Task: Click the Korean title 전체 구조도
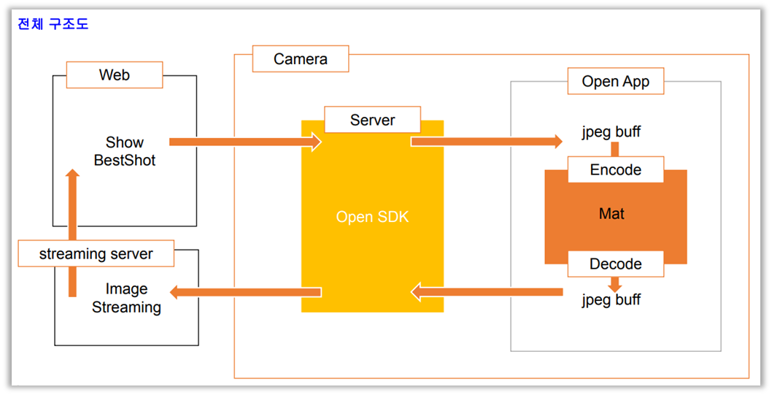click(x=53, y=24)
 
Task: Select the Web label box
click(x=115, y=74)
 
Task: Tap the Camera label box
click(x=300, y=58)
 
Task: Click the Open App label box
click(x=615, y=81)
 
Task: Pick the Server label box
click(x=372, y=120)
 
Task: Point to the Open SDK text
click(x=372, y=217)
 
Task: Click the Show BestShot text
click(x=125, y=151)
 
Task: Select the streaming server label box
click(x=96, y=254)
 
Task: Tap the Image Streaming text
click(x=126, y=298)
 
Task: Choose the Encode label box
click(x=615, y=169)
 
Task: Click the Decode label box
click(x=615, y=264)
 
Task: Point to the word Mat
click(x=611, y=214)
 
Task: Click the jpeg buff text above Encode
click(x=611, y=133)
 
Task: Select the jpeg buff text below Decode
click(x=611, y=299)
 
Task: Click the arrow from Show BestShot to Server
click(x=245, y=142)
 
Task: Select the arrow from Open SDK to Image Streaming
click(x=245, y=293)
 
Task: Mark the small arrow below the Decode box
click(x=615, y=284)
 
